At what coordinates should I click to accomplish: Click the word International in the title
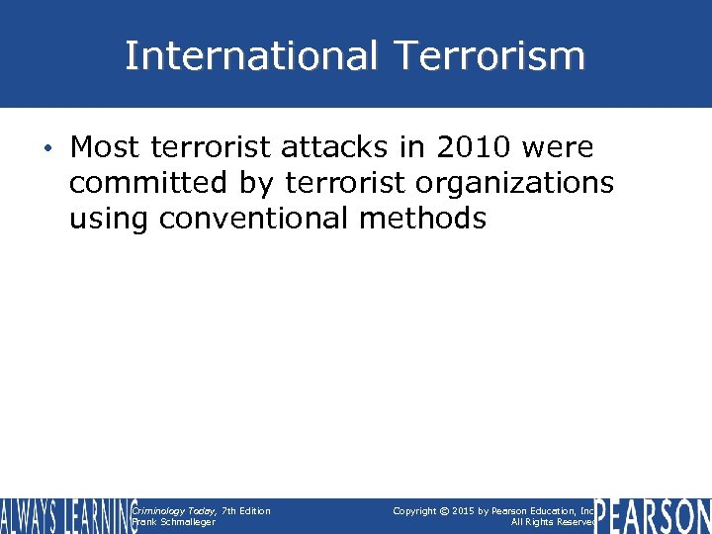point(248,55)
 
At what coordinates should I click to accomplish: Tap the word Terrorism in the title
point(485,55)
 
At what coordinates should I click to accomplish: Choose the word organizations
point(510,183)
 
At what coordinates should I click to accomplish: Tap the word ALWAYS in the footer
point(31,516)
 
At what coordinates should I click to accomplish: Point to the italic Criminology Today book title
point(174,510)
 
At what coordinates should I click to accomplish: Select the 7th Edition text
point(245,510)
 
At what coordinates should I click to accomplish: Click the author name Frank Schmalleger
point(173,522)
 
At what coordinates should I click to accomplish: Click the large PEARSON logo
point(653,516)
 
